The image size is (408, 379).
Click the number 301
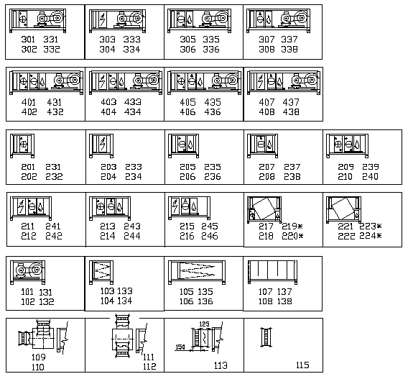tap(28, 40)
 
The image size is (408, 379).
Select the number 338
tap(289, 49)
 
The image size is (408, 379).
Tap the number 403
tap(108, 102)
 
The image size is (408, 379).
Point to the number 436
tap(213, 112)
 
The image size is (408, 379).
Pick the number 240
tap(370, 177)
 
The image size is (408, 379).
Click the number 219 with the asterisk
tap(292, 226)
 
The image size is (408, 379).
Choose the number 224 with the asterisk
tap(370, 236)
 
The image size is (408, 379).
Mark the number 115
tap(302, 365)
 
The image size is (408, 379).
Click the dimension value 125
tap(204, 324)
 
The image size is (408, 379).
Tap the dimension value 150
tap(180, 347)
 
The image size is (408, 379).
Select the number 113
tap(221, 365)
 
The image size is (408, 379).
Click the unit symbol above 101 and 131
tap(27, 272)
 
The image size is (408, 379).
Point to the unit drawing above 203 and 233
tap(101, 146)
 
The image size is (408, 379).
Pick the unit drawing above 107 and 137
tap(272, 272)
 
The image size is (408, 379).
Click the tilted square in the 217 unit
tap(264, 208)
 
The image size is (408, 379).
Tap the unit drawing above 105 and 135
tap(197, 272)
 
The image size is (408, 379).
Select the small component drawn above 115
tap(266, 337)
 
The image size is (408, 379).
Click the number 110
tap(38, 367)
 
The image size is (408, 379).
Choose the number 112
tap(149, 367)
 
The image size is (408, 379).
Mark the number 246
tap(210, 236)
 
